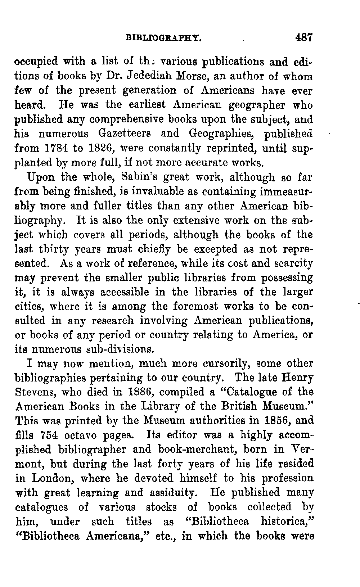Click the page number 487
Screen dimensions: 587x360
(x=304, y=37)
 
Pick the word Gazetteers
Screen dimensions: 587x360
(x=124, y=134)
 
